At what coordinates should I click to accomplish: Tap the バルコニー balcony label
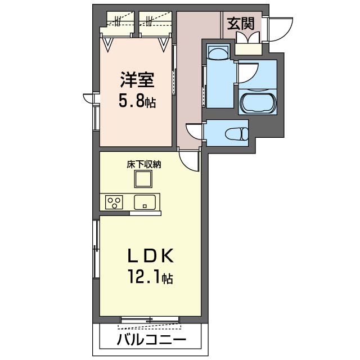151,339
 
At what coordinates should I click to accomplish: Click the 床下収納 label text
144,165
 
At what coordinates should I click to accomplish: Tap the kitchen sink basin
146,201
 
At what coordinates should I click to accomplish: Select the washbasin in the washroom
217,54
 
